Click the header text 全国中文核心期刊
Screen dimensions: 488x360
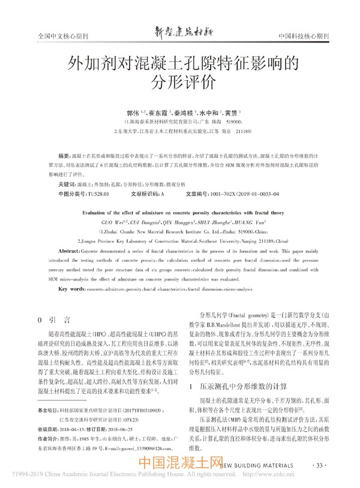[63, 36]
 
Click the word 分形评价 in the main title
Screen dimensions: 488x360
[179, 82]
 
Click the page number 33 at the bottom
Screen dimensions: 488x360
[319, 466]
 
